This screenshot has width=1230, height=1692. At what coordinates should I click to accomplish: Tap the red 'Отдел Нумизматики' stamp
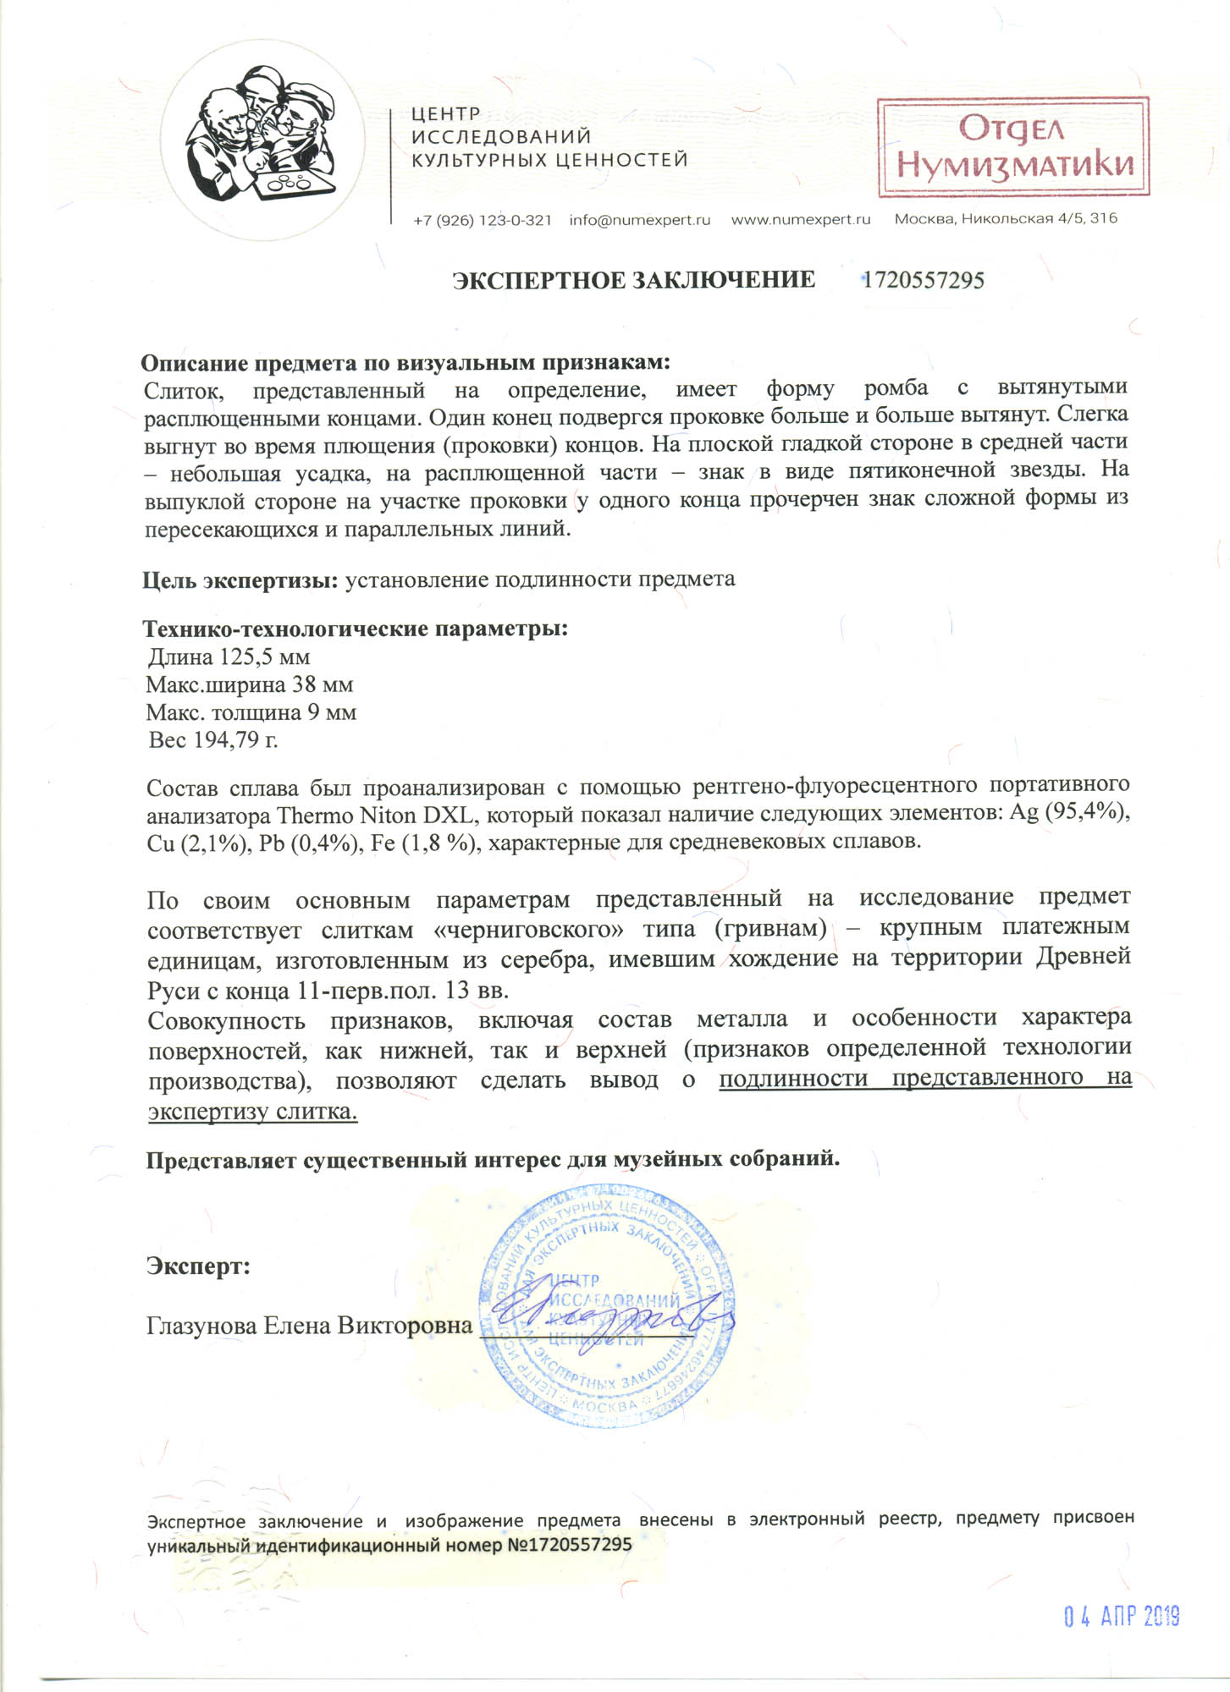coord(1013,147)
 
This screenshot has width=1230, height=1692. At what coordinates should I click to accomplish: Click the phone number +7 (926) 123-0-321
coord(482,220)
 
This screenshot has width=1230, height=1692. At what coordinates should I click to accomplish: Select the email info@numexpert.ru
coord(639,220)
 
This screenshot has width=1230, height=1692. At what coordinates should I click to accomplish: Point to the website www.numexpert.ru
coord(800,220)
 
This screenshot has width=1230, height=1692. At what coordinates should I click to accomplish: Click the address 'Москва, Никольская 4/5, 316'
coord(1006,219)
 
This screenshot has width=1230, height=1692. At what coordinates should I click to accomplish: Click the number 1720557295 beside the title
coord(923,281)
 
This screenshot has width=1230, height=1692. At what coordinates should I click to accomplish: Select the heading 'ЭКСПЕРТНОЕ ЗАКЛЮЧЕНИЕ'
coord(633,281)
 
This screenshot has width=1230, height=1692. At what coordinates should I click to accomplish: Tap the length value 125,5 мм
coord(265,656)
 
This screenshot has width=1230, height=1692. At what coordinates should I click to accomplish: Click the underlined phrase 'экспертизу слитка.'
coord(252,1112)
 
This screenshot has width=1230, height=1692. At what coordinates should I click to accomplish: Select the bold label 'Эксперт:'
coord(198,1266)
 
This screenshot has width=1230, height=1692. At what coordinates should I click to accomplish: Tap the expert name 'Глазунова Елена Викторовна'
coord(309,1326)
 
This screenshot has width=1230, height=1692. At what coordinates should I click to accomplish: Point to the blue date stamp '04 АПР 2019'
coord(1121,1616)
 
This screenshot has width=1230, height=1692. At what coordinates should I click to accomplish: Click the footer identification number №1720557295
coord(569,1544)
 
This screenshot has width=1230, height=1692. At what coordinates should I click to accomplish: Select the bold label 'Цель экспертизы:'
coord(240,580)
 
